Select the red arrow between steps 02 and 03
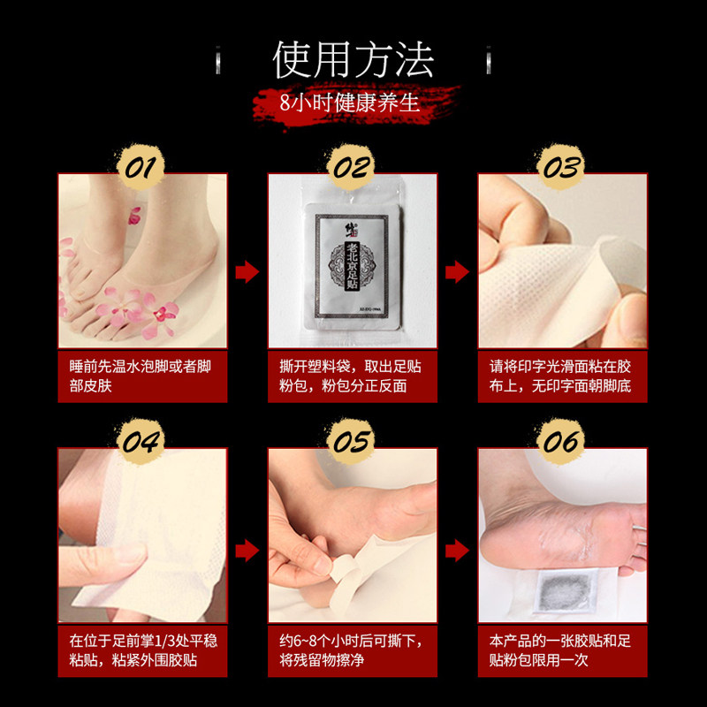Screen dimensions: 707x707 coord(457,271)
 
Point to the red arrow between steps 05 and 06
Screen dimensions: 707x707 coord(457,551)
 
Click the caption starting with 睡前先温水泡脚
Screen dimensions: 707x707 coord(142,376)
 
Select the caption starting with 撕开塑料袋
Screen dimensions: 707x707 coord(352,376)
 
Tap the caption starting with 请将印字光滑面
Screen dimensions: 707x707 coord(562,376)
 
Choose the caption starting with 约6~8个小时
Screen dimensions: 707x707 coord(352,650)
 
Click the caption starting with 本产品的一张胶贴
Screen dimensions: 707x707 coord(562,650)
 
